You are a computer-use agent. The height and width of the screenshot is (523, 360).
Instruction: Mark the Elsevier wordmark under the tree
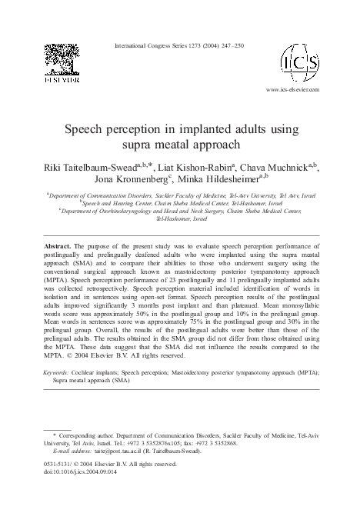point(50,79)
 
